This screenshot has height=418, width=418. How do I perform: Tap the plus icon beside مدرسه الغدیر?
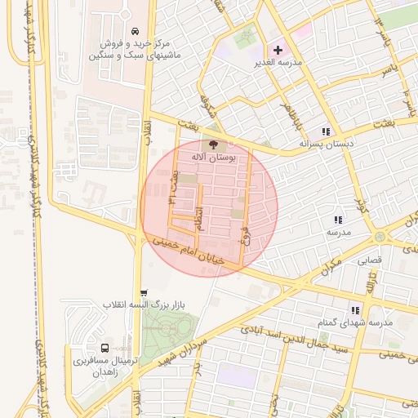pyautogui.click(x=278, y=51)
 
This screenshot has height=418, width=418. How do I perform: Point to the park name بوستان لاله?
pyautogui.click(x=214, y=157)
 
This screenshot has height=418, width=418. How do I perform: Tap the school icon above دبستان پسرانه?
pyautogui.click(x=326, y=131)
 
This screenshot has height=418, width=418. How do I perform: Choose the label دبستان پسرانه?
pyautogui.click(x=327, y=144)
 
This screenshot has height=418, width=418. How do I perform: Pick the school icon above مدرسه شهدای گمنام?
pyautogui.click(x=354, y=310)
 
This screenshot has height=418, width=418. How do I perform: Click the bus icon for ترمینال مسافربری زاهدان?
pyautogui.click(x=104, y=348)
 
